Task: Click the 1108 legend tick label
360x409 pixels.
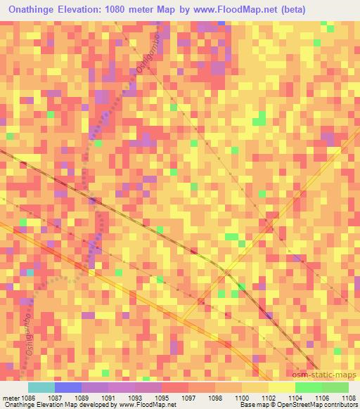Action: [x=349, y=397]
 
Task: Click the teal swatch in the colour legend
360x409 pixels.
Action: [x=41, y=387]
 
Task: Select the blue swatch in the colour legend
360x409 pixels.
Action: [x=68, y=387]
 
